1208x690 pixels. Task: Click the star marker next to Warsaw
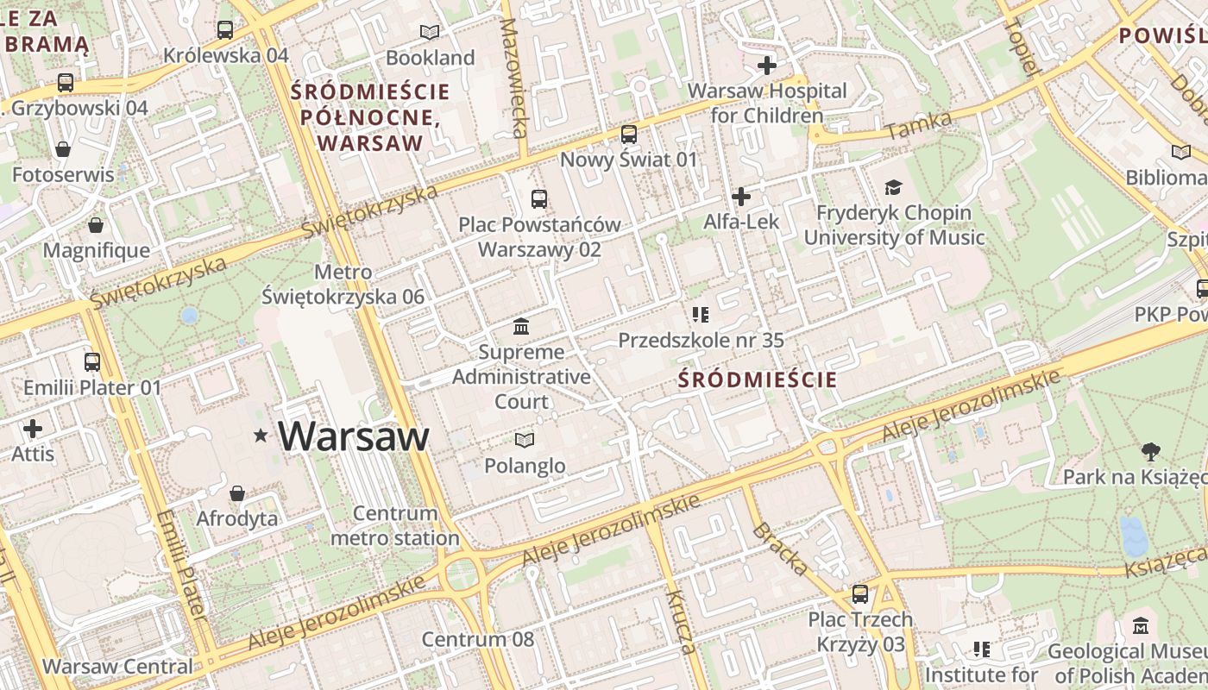(x=261, y=436)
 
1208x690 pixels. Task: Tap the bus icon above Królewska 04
(x=225, y=30)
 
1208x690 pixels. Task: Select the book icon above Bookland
(x=430, y=33)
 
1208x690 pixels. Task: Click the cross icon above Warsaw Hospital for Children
(x=766, y=66)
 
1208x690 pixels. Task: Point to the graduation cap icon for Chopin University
(x=893, y=187)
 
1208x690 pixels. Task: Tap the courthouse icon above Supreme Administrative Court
(x=521, y=327)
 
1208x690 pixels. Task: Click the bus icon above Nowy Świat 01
(x=629, y=135)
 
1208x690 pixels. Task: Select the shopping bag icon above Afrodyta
(x=237, y=493)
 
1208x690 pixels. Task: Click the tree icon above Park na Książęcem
(x=1150, y=451)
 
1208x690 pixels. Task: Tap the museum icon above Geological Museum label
(x=1141, y=626)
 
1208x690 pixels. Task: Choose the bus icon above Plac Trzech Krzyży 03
(x=860, y=594)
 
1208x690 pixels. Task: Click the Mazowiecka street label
(x=513, y=78)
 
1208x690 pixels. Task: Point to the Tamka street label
(x=918, y=126)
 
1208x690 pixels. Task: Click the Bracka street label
(x=781, y=549)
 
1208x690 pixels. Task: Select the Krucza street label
(x=679, y=622)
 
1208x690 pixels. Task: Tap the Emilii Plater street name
(x=179, y=565)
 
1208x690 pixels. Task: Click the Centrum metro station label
(x=395, y=526)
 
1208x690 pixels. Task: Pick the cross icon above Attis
(x=33, y=429)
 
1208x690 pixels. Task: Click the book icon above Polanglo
(x=524, y=440)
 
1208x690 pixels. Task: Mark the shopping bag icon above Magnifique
(x=96, y=225)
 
